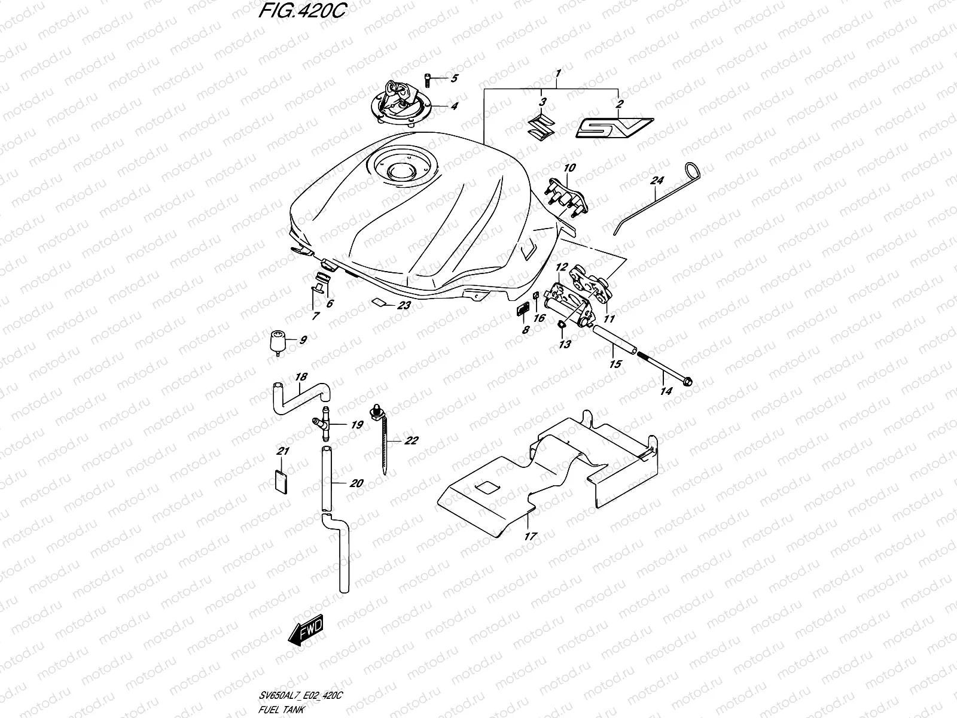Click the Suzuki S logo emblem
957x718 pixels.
pyautogui.click(x=541, y=127)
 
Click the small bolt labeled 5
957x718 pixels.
pyautogui.click(x=432, y=78)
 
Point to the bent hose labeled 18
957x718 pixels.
pyautogui.click(x=302, y=397)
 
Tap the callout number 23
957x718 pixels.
pyautogui.click(x=404, y=306)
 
